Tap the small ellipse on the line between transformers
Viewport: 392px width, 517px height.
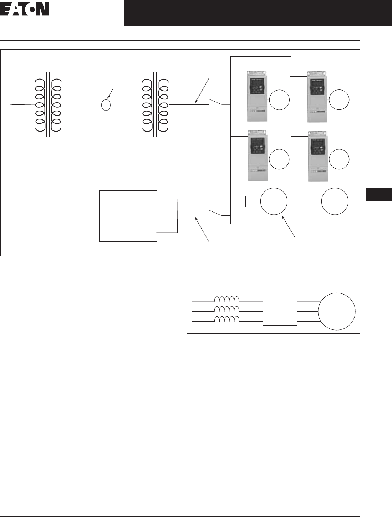tap(105, 105)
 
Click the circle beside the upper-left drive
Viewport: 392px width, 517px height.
tap(279, 100)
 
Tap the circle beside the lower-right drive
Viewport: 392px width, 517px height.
tap(338, 160)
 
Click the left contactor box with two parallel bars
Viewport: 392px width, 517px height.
tap(244, 201)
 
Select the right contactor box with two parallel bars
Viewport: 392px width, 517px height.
tap(305, 201)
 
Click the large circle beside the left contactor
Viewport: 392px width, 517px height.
tap(274, 201)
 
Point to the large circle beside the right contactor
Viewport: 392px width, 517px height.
tap(335, 201)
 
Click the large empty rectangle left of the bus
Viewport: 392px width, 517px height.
tap(128, 216)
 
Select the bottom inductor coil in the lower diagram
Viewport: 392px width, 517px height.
tap(226, 319)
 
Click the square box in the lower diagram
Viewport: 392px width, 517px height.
tap(280, 311)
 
